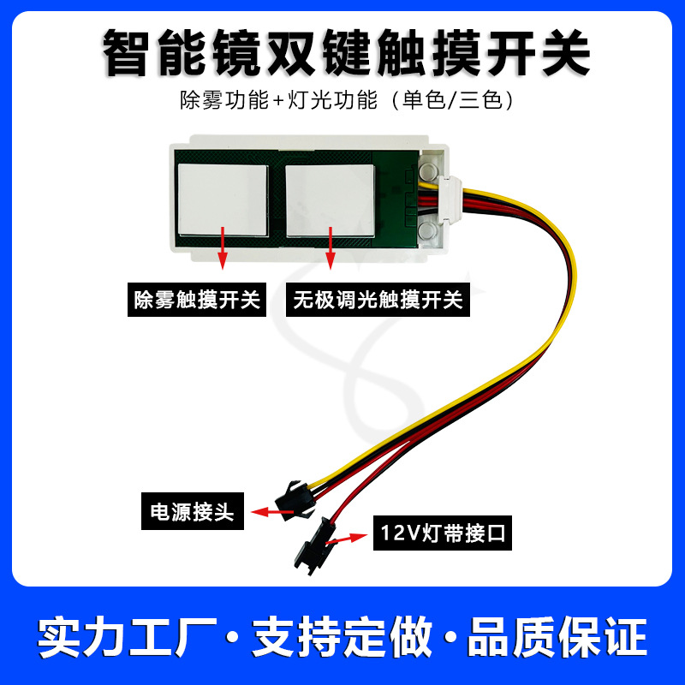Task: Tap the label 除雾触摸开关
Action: click(x=197, y=300)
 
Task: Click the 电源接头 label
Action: click(x=193, y=514)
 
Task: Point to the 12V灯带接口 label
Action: click(x=441, y=537)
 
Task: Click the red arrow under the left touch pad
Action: click(x=223, y=248)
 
